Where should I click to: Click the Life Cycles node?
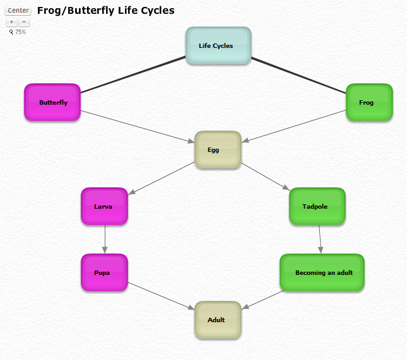[x=218, y=45]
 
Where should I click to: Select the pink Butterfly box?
[x=52, y=102]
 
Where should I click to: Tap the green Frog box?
[x=369, y=102]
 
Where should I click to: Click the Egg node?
[x=218, y=149]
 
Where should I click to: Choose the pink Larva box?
[x=104, y=206]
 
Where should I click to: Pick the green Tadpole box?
[x=317, y=206]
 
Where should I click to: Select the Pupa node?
[x=104, y=272]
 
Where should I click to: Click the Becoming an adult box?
[x=322, y=272]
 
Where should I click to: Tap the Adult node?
[x=218, y=320]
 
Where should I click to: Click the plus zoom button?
[x=11, y=22]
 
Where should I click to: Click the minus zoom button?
[x=24, y=22]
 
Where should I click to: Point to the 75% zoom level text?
[x=20, y=32]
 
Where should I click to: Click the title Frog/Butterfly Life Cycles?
[x=105, y=11]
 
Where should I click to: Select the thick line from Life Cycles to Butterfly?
[x=133, y=75]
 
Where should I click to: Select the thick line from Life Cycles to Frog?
[x=298, y=75]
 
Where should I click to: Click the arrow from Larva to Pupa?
[x=104, y=240]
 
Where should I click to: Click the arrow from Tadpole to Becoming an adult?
[x=320, y=240]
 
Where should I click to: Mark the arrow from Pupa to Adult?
[x=161, y=295]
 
